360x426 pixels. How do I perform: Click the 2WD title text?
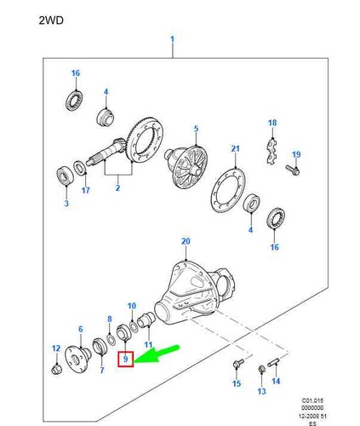tap(51, 20)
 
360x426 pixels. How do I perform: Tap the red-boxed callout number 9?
tap(125, 359)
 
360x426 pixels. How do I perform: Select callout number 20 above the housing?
tap(186, 241)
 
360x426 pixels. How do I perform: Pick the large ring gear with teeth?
tap(146, 140)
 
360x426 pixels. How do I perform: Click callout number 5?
tap(197, 129)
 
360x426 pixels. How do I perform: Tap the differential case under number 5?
tap(186, 165)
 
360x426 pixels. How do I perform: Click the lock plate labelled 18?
tap(271, 152)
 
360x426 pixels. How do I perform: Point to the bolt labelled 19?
tap(293, 170)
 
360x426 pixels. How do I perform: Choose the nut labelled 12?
tap(56, 370)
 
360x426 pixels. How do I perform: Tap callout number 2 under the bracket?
tap(117, 187)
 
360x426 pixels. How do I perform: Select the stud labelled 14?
tap(273, 363)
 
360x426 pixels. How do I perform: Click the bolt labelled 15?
tap(238, 363)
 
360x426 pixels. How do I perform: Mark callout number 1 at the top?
tap(173, 39)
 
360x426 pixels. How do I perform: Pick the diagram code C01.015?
tap(312, 400)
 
